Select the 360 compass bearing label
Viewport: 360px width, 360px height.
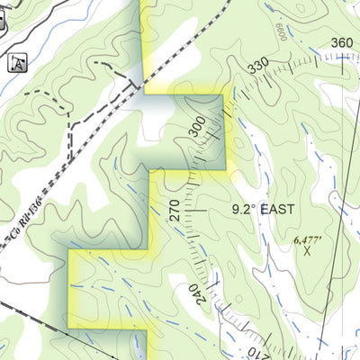click(341, 42)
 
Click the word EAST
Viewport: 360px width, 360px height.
click(278, 209)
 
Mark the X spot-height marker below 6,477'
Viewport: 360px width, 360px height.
click(307, 252)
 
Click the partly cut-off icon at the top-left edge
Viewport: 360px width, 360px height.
click(3, 25)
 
